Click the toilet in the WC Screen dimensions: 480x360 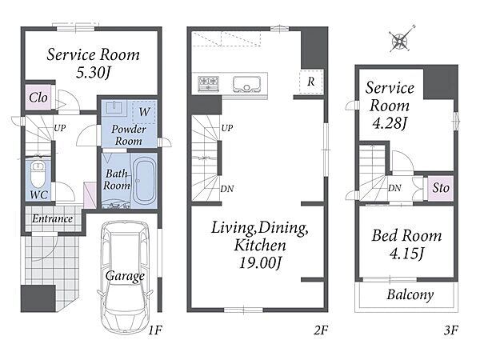38,174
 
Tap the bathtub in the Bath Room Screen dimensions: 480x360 144,182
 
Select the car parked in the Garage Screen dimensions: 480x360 126,278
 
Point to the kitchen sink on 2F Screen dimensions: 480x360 246,84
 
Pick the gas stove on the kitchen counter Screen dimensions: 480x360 209,83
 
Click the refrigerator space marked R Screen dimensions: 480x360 311,82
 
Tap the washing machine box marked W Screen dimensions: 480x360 144,112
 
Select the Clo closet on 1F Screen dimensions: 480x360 38,98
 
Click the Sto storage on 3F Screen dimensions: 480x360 441,188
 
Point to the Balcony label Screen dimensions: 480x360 410,294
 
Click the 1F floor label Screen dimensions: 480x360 155,330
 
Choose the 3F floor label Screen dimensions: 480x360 450,330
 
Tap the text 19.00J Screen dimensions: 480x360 260,262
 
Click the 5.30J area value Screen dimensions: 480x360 93,72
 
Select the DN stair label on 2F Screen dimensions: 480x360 227,189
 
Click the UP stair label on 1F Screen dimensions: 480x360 60,128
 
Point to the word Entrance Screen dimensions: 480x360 52,218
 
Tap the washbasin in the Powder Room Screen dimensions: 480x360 114,108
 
